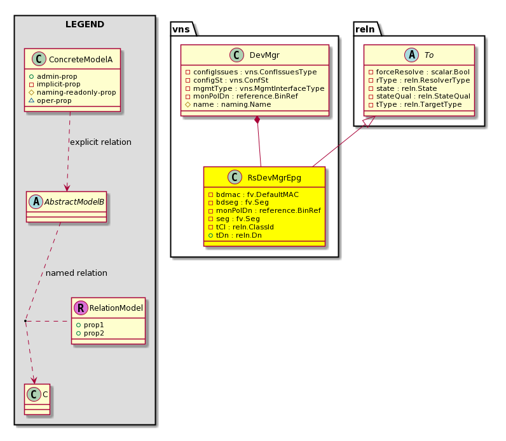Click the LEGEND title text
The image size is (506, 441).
85,24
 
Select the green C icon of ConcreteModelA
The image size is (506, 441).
39,59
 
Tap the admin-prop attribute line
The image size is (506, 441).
53,76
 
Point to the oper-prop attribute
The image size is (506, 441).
50,100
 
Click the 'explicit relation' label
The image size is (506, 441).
100,142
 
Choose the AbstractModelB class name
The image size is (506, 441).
74,202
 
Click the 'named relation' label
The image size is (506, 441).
76,273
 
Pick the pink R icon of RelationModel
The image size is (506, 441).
81,308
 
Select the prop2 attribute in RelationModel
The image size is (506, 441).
90,333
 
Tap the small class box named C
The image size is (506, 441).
37,399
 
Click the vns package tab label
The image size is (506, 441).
181,29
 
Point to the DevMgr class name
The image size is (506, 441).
264,55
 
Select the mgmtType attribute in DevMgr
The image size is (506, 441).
255,88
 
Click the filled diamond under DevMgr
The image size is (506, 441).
257,120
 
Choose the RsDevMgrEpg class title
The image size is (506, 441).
275,178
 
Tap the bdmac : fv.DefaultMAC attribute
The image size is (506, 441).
254,194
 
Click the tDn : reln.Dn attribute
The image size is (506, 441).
235,236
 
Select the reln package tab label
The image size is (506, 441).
365,29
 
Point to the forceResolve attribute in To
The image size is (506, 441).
419,72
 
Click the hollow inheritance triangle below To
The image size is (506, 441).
370,121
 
